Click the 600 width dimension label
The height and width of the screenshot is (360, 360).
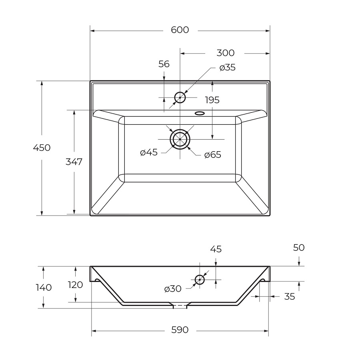(x=180, y=30)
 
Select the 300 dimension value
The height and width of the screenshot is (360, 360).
(x=226, y=53)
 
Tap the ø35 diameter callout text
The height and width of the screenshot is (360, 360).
(x=227, y=68)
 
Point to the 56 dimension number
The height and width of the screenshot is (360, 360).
(x=164, y=64)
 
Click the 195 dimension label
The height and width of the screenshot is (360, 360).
(x=212, y=100)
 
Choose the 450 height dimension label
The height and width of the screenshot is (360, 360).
(x=42, y=148)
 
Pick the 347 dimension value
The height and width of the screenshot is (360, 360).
(x=74, y=162)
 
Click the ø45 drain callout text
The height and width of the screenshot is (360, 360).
(x=149, y=152)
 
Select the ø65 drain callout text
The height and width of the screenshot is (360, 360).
(x=213, y=155)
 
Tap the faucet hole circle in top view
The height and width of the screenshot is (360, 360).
(x=180, y=98)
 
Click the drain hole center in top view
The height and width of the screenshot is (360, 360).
(x=180, y=139)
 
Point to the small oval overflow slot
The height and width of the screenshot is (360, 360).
(x=200, y=113)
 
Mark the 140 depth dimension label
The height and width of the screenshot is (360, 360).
(x=44, y=288)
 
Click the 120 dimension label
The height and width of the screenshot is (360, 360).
(x=76, y=285)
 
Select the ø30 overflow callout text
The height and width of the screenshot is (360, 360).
(x=173, y=289)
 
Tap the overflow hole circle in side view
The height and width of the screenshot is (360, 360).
(x=200, y=280)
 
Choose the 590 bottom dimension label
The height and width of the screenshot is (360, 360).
(x=180, y=330)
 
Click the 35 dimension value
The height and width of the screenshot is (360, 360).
(x=289, y=297)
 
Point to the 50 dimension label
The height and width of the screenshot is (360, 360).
(x=299, y=248)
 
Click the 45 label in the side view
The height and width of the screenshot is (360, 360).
(x=216, y=249)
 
